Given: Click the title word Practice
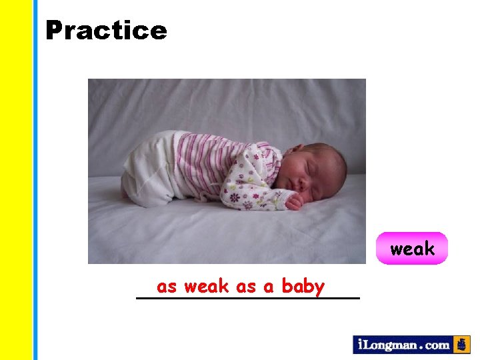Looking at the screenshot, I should pyautogui.click(x=106, y=30).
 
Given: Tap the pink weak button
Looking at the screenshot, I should pyautogui.click(x=412, y=249).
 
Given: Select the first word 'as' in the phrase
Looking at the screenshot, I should pyautogui.click(x=167, y=287).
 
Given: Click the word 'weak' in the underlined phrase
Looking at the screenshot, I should pyautogui.click(x=207, y=287).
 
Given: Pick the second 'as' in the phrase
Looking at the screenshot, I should pyautogui.click(x=246, y=287).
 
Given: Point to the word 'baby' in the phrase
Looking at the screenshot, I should pyautogui.click(x=303, y=287).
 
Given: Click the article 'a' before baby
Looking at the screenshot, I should pyautogui.click(x=269, y=287).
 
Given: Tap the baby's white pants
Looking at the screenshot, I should pyautogui.click(x=150, y=170).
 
